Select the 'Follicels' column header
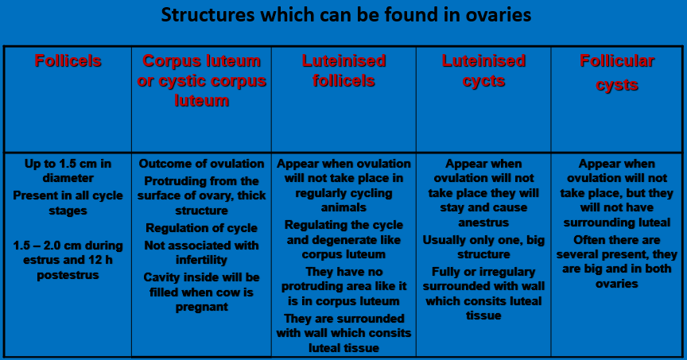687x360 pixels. click(x=68, y=61)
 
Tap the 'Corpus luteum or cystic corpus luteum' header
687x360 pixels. click(x=201, y=81)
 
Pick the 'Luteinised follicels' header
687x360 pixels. click(x=343, y=71)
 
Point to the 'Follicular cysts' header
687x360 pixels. click(x=617, y=72)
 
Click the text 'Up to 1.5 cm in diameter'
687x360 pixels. click(x=68, y=171)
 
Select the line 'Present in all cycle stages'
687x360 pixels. click(x=68, y=203)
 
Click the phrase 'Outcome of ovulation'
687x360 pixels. click(x=201, y=164)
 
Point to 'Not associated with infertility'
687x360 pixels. click(x=201, y=253)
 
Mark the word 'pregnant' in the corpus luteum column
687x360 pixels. click(x=201, y=307)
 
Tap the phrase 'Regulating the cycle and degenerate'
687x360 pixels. click(x=343, y=232)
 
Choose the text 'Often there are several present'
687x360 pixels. click(x=617, y=246)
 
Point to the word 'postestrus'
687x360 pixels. click(x=68, y=275)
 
